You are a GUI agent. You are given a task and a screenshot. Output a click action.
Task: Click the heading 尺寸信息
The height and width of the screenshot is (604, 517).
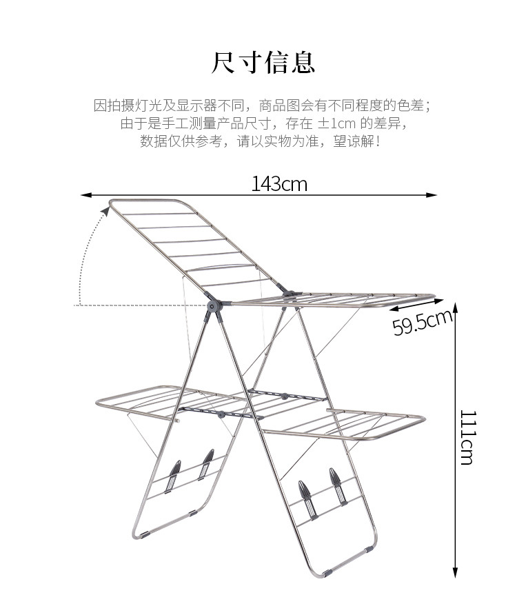(263, 62)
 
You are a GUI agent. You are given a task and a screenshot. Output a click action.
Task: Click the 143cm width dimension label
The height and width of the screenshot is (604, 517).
(278, 184)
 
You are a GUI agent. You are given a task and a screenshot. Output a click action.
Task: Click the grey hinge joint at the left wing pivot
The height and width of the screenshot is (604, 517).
(214, 304)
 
